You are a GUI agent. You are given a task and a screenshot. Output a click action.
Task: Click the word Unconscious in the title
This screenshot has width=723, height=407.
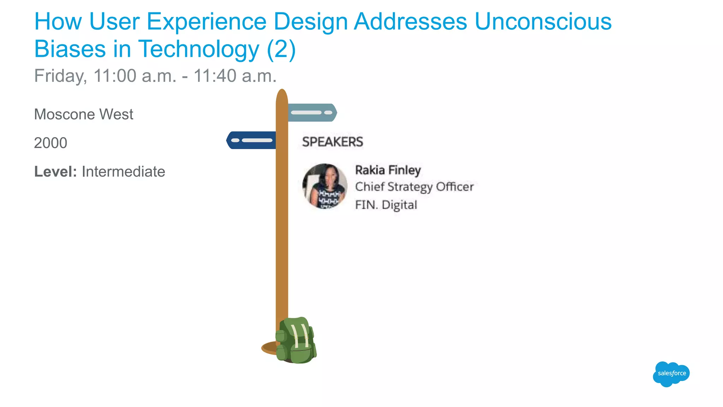(543, 22)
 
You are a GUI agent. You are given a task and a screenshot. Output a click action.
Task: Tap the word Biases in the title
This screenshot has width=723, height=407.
(70, 49)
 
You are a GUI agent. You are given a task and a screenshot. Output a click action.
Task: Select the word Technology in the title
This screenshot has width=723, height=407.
(198, 49)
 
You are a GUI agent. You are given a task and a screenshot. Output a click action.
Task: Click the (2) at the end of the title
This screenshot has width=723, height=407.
(281, 49)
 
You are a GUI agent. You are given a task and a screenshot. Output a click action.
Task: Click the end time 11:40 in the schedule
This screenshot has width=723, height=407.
(215, 76)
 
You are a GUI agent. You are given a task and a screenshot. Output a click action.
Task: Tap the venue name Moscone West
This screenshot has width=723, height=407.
(84, 114)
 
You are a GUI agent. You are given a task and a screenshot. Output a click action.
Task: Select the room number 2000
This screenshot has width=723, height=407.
(50, 143)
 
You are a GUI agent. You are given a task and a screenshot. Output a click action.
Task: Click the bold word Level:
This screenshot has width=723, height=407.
(55, 172)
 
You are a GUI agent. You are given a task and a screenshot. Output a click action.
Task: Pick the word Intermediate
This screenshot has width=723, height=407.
(123, 172)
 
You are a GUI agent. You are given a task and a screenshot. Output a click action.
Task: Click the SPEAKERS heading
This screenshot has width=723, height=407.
(332, 142)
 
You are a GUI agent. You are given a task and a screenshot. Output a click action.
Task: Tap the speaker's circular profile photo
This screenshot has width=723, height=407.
(325, 186)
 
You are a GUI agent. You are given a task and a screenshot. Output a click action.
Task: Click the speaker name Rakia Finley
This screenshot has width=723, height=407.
(388, 170)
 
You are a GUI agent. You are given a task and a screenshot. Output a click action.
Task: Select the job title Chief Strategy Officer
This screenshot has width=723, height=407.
(414, 187)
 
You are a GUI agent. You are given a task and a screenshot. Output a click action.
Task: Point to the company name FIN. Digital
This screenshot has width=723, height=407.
(386, 205)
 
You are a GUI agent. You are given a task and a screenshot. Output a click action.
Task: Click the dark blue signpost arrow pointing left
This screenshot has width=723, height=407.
(251, 140)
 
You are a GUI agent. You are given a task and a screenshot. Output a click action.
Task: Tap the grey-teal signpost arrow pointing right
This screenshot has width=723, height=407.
(312, 113)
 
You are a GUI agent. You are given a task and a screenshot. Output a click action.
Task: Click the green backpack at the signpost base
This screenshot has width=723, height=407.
(296, 341)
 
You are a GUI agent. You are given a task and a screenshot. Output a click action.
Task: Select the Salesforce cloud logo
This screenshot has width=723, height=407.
(671, 374)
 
